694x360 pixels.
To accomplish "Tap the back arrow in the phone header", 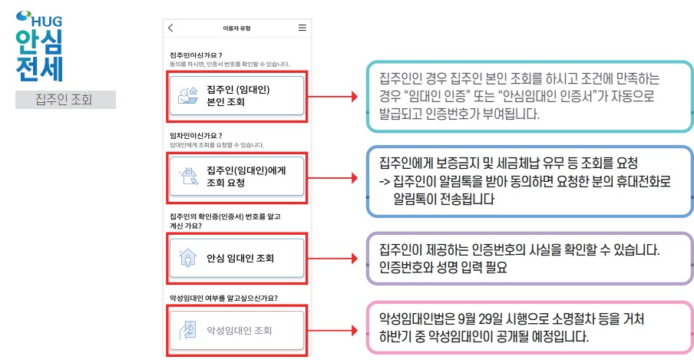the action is coord(170,28).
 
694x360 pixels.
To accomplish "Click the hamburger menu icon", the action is coord(302,28).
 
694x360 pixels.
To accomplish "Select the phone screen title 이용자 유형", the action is coord(236,28).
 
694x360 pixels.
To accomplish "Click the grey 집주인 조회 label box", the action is coord(65,99).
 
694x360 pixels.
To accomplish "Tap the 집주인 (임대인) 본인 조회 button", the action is coord(236,95).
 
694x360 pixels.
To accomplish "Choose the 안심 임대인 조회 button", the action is coord(236,257).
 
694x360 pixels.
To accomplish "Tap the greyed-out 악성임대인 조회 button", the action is coord(236,331).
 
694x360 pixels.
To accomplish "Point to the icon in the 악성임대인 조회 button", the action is coord(187,332).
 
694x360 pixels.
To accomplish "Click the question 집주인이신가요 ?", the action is coord(195,55).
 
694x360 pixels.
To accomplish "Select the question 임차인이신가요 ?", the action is coord(195,136).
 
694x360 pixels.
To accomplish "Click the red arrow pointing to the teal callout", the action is coord(338,97).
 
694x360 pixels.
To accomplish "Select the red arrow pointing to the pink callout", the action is coord(338,331).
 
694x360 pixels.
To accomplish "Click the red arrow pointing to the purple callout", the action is coord(338,258).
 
